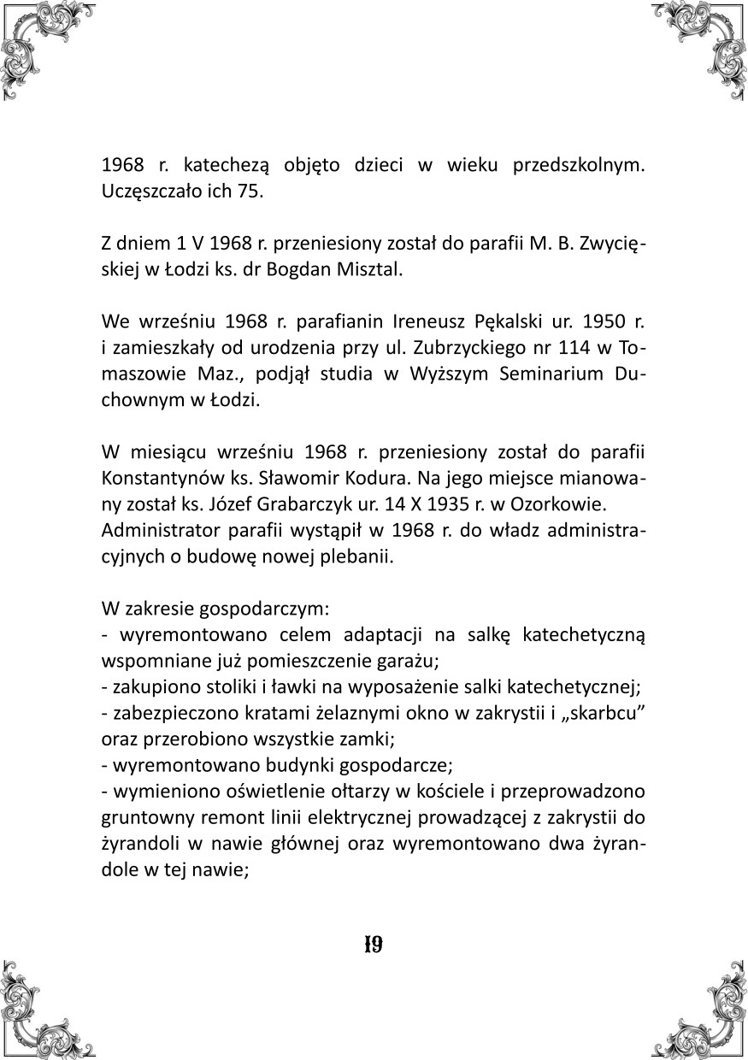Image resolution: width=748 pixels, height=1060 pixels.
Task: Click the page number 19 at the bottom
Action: coord(373,945)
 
